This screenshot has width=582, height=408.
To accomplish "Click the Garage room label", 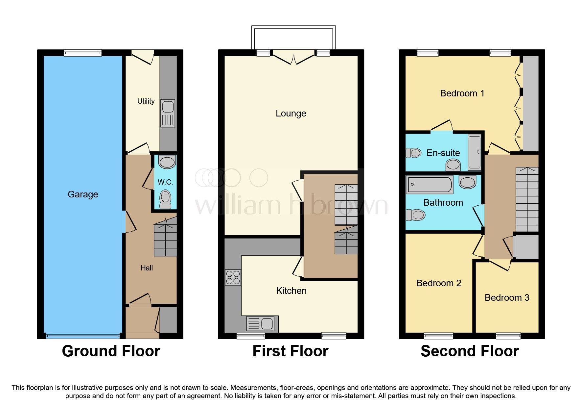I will coord(83,194).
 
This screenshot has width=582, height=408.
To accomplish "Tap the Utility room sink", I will coord(168,107).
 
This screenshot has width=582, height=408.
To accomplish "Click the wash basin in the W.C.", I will coord(167,162).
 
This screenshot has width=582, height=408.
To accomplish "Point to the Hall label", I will coord(147,268).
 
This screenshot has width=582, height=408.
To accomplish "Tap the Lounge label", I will coord(291,114).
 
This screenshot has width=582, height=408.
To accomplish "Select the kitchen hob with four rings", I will coord(233,277).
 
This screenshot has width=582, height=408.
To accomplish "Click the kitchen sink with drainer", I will coord(262,323).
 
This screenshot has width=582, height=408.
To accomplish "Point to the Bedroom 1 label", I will coord(462,93).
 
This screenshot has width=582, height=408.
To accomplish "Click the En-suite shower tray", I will coord(474,152).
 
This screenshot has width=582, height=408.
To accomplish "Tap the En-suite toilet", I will coord(414,153).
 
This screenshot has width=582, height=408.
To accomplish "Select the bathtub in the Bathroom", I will coord(430,185).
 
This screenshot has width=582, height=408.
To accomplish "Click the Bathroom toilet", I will coord(416,215).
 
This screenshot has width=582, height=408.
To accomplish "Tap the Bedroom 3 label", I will coord(507,298).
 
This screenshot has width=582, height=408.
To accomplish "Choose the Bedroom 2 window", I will coord(438,336).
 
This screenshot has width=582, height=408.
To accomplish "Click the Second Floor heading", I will coord(470,351).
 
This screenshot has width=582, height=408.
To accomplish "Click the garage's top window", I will coord(82,53).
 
